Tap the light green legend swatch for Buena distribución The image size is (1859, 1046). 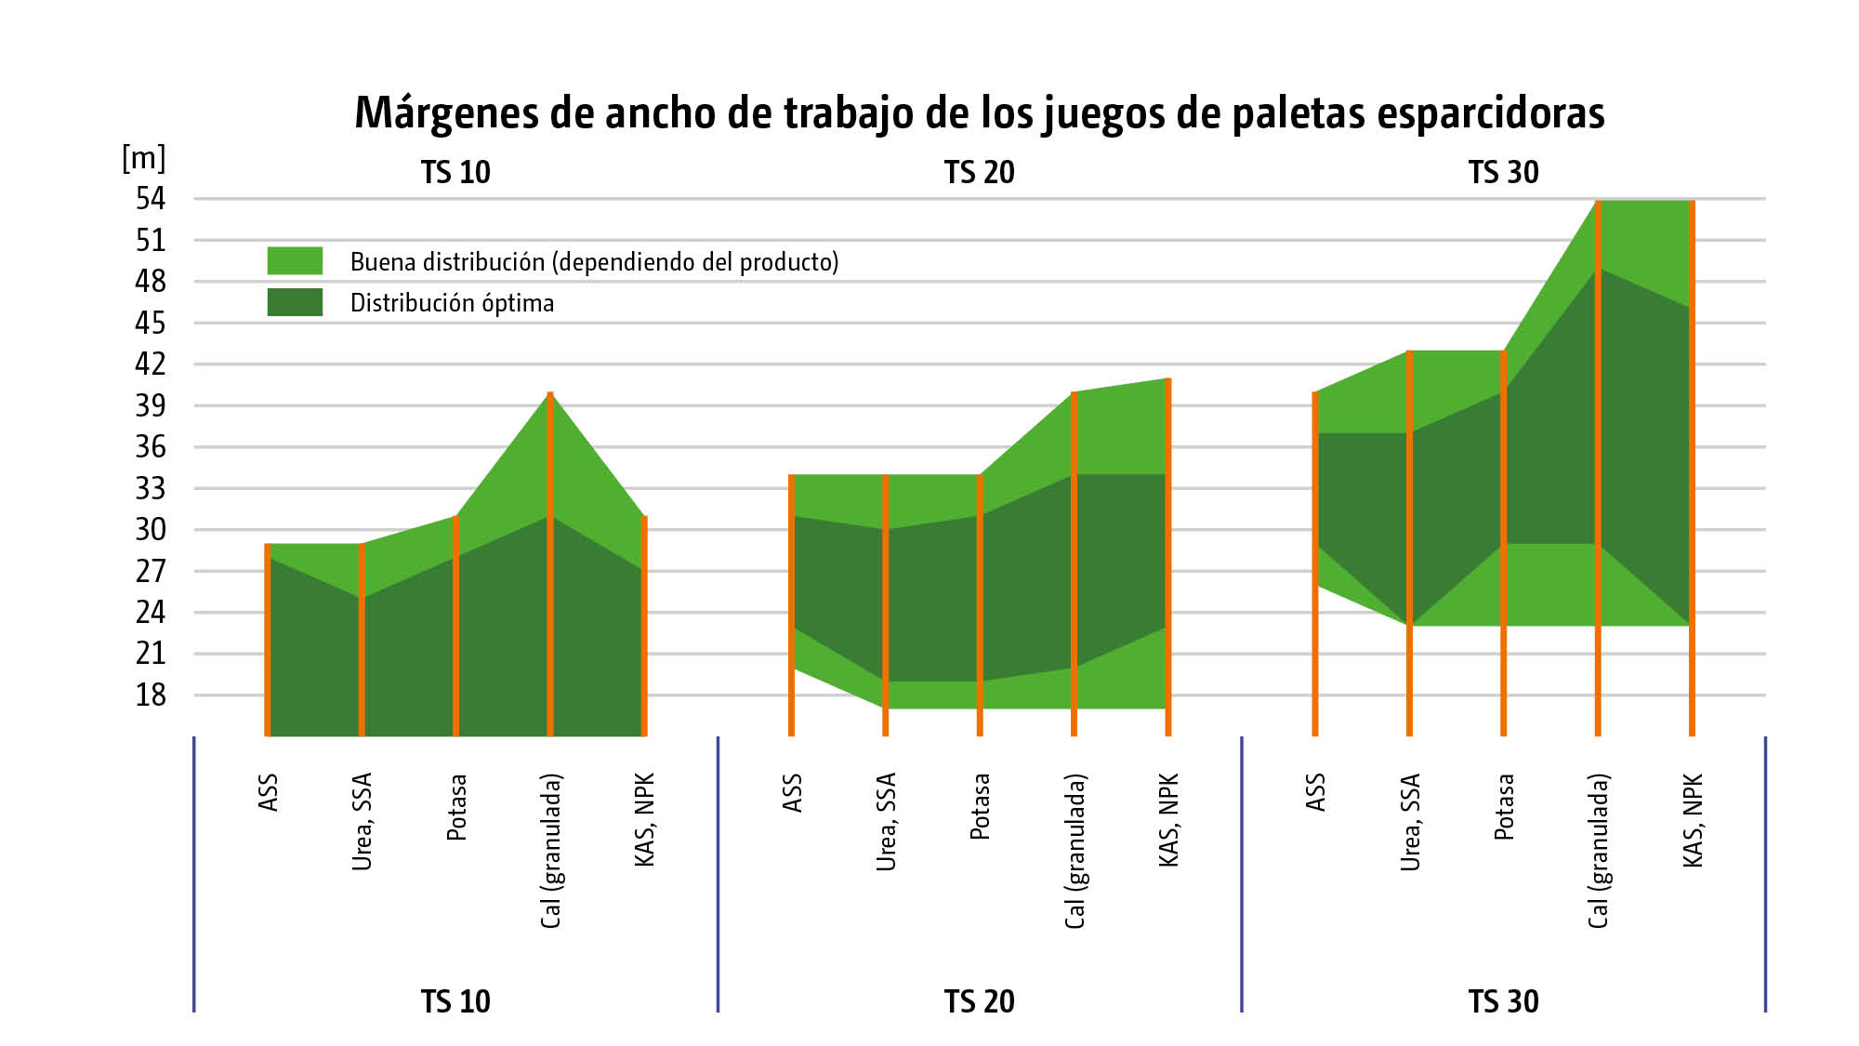295,261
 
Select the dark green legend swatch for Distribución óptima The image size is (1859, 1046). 295,302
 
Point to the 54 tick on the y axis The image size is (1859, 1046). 151,198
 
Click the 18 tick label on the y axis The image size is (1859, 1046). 151,695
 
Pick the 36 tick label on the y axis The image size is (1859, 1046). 151,446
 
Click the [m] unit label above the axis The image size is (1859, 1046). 143,158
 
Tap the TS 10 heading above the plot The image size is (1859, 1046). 455,173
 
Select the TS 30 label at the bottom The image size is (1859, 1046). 1503,1001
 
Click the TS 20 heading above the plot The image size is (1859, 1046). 980,173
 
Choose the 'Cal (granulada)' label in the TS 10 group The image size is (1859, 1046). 551,850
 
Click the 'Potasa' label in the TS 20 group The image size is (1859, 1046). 980,806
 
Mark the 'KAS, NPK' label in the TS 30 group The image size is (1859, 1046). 1693,819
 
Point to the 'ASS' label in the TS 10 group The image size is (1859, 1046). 269,792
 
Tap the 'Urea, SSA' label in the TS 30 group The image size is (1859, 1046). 1410,821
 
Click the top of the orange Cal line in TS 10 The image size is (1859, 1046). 550,394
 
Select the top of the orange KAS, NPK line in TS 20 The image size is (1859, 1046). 1168,380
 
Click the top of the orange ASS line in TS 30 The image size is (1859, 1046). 1315,394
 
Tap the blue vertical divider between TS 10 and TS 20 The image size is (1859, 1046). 718,874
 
